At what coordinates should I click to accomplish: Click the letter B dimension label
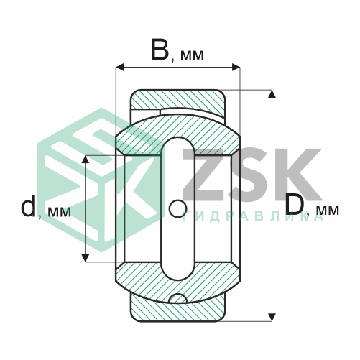(160, 50)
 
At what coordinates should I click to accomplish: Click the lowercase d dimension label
(28, 206)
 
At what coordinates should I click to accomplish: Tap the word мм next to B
(192, 55)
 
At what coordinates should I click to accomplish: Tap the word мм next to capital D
(328, 210)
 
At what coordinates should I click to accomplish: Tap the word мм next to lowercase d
(59, 212)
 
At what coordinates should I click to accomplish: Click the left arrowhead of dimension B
(120, 68)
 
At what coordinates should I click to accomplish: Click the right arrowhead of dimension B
(236, 68)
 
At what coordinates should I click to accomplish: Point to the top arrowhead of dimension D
(272, 93)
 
